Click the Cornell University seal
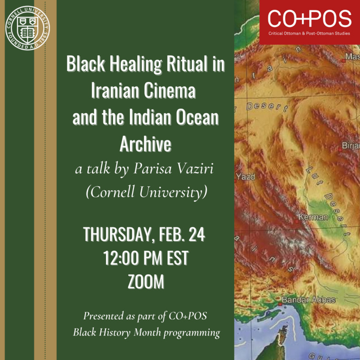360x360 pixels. tap(27, 28)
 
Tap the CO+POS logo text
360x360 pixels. tap(309, 18)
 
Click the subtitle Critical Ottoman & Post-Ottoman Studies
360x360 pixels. tap(309, 34)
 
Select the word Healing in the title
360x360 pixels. tap(136, 65)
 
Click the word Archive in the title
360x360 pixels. tap(145, 144)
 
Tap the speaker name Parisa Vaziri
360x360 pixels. tap(174, 169)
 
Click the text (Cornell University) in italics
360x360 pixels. tap(146, 192)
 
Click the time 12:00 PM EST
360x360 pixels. tap(146, 258)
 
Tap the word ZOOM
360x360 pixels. tap(146, 281)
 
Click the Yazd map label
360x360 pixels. tap(246, 177)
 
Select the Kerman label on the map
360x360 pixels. tap(313, 217)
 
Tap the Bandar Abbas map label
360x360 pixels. tap(309, 300)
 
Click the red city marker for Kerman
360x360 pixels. tap(297, 222)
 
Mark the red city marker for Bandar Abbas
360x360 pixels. tap(280, 304)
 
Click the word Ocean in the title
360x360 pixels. tap(197, 117)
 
